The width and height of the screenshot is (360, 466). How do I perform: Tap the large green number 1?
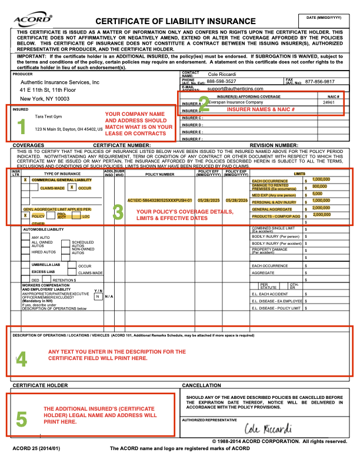[x=21, y=127]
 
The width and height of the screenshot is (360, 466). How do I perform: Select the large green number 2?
[x=204, y=102]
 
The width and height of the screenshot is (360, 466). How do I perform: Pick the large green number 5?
[x=21, y=418]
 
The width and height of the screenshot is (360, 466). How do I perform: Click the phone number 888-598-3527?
[x=221, y=81]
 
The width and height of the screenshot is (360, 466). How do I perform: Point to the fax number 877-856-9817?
[x=320, y=81]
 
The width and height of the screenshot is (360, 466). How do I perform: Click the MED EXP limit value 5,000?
[x=317, y=193]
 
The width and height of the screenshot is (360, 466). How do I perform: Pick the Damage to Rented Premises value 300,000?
[x=320, y=186]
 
